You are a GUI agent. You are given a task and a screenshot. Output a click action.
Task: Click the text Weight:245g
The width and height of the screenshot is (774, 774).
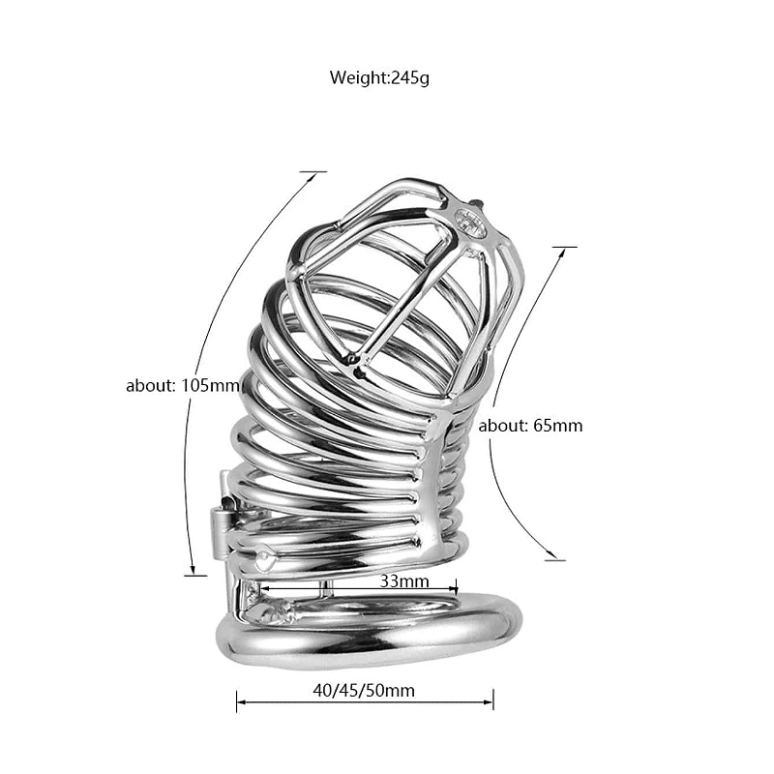pyautogui.click(x=379, y=78)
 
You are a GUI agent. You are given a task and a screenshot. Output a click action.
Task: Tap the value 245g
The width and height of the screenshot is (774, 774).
pyautogui.click(x=410, y=78)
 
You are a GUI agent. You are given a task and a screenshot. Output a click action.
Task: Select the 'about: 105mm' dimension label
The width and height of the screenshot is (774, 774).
pyautogui.click(x=183, y=385)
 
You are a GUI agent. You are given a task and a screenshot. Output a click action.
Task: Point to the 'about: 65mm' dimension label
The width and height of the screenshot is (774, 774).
pyautogui.click(x=530, y=426)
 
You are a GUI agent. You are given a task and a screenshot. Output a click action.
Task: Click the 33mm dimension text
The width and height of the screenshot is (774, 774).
pyautogui.click(x=404, y=581)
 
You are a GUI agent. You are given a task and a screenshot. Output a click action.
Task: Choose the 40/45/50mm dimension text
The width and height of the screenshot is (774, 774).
pyautogui.click(x=364, y=690)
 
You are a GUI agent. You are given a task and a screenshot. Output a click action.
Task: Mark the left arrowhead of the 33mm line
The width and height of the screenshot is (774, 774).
pyautogui.click(x=264, y=588)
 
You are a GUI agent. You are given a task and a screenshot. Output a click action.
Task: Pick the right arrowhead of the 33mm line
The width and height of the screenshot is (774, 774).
pyautogui.click(x=453, y=588)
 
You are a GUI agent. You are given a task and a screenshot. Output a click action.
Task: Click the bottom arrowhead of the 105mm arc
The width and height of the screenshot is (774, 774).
pyautogui.click(x=193, y=570)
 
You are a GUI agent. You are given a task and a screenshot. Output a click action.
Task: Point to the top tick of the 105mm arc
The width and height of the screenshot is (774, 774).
pyautogui.click(x=313, y=172)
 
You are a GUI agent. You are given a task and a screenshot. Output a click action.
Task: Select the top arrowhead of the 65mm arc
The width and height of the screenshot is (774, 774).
pyautogui.click(x=562, y=253)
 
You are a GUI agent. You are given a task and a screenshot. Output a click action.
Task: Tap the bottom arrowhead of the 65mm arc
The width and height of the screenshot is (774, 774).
pyautogui.click(x=551, y=555)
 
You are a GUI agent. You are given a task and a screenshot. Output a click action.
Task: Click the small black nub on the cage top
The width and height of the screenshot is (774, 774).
pyautogui.click(x=477, y=203)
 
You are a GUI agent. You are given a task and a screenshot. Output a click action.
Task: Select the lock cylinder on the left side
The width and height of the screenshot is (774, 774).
pyautogui.click(x=221, y=534)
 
